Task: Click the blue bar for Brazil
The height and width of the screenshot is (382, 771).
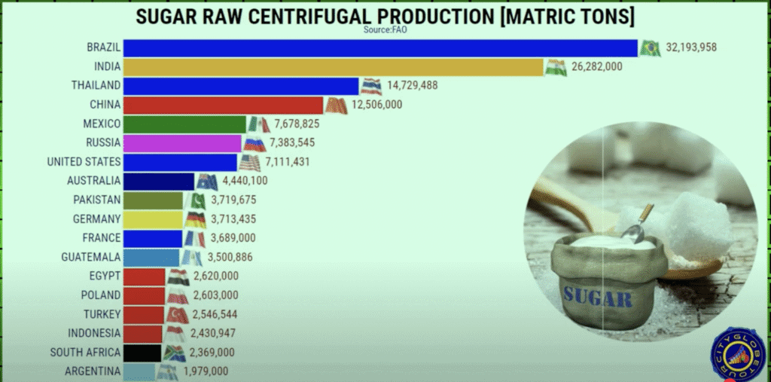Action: pos(380,48)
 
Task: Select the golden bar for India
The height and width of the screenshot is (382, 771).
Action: pos(333,68)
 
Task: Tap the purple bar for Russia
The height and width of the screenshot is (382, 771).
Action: pos(182,143)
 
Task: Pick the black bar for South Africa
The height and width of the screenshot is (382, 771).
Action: pos(142,352)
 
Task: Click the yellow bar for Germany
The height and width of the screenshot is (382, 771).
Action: pos(153,219)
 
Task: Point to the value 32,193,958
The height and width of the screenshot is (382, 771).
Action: pos(690,48)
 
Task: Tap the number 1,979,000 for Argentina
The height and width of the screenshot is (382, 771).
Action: pos(204,371)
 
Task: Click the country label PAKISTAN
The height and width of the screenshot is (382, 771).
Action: pos(96,200)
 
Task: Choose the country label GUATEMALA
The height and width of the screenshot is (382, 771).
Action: pos(90,257)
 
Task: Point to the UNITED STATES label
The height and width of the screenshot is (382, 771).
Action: pos(83,162)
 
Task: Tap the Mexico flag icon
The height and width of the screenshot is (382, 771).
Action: pos(258,124)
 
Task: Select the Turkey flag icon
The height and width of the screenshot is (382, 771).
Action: pos(178,314)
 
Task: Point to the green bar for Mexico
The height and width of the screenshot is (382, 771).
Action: pos(184,124)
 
